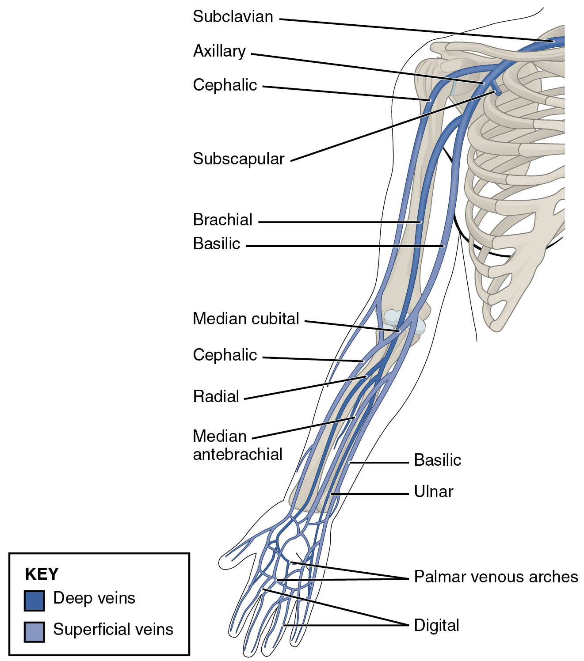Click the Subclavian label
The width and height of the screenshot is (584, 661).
(233, 17)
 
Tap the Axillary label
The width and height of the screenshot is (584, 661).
(219, 51)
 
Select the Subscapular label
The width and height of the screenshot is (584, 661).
(238, 159)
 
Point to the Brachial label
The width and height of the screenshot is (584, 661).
(222, 220)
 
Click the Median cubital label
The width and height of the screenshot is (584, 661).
(246, 319)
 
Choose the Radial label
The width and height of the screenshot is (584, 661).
(216, 396)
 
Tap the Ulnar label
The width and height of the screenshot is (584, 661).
(433, 491)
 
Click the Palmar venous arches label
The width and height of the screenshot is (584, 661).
(496, 577)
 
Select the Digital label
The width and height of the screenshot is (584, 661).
(436, 625)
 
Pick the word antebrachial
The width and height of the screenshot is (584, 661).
(237, 454)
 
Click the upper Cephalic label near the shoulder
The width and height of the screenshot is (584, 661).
(225, 85)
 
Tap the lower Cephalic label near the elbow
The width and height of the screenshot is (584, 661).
(225, 355)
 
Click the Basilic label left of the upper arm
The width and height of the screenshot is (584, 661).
(216, 243)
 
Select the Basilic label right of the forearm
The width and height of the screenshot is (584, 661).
(437, 460)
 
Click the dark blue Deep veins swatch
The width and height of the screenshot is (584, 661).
(34, 601)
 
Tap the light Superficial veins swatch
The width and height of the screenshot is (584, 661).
(34, 631)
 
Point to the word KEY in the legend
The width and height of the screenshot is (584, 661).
(42, 574)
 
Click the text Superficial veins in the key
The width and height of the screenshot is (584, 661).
(113, 629)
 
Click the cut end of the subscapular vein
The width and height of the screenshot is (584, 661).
(498, 93)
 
